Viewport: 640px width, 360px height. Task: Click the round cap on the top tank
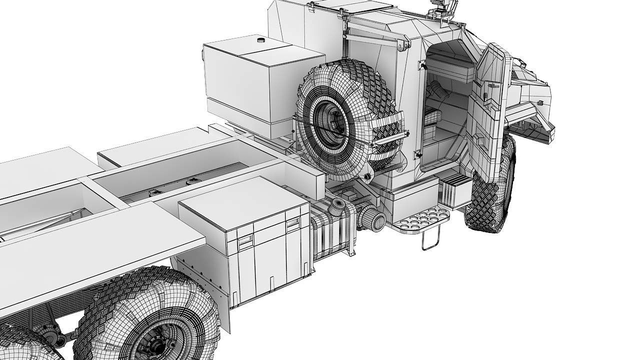pyautogui.click(x=260, y=39)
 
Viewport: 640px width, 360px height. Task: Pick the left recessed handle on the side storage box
pyautogui.click(x=245, y=241)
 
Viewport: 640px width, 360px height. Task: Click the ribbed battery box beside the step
pyautogui.click(x=455, y=192)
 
